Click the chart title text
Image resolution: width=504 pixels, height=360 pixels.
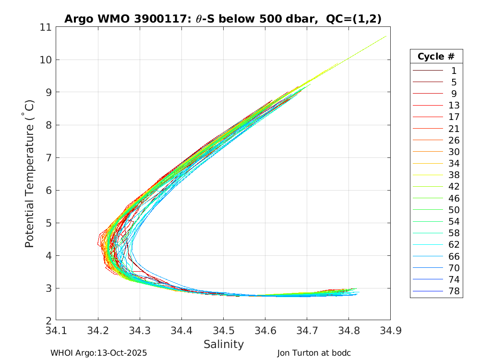pos(223,19)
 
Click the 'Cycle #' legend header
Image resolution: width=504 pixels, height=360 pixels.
pos(436,56)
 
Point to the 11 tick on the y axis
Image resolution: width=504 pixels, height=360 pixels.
pos(46,27)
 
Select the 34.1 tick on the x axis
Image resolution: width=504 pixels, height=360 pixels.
pos(56,330)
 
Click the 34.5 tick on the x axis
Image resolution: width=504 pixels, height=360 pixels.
pos(223,330)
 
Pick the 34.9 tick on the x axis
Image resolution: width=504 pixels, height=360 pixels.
pos(390,330)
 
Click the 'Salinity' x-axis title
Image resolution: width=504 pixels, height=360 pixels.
pos(224,344)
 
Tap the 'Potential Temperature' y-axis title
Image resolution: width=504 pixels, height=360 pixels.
pos(30,174)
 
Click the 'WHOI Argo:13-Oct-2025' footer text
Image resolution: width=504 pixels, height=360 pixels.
pos(98,353)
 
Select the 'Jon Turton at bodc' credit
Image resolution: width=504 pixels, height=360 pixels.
pos(314,353)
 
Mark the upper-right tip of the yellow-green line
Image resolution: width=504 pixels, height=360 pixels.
pos(386,36)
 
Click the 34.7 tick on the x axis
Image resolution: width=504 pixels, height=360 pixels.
pos(307,330)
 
